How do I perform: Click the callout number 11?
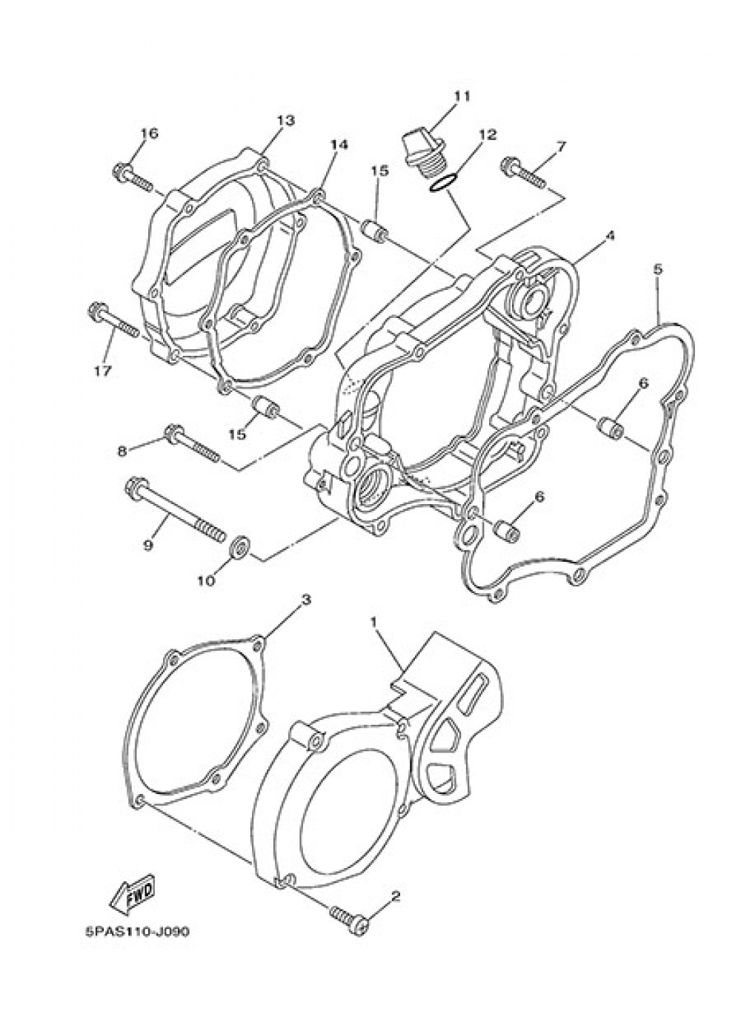point(462,96)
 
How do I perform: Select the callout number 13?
point(286,120)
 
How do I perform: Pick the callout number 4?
point(610,236)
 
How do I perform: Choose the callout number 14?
point(338,145)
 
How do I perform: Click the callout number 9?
point(147,545)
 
